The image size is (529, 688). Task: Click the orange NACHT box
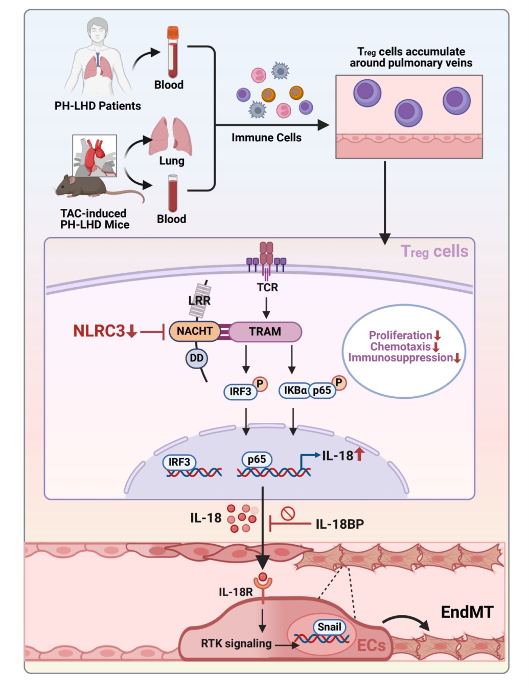(x=195, y=331)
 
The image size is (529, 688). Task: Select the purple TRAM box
(x=265, y=332)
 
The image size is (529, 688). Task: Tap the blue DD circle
(x=196, y=358)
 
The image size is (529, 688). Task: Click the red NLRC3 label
(x=99, y=331)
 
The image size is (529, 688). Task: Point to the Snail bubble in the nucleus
(x=329, y=627)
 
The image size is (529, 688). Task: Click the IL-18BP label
(x=340, y=524)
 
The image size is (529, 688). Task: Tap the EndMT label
(x=467, y=612)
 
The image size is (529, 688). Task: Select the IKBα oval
(x=294, y=391)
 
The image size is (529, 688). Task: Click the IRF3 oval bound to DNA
(x=179, y=462)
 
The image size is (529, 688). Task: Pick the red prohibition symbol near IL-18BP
(x=288, y=513)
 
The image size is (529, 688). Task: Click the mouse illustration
(x=97, y=187)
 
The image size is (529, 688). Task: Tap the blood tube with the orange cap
(x=173, y=52)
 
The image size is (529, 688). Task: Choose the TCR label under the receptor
(x=267, y=287)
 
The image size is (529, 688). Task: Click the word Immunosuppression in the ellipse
(x=400, y=358)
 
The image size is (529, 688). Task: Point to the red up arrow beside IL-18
(x=359, y=455)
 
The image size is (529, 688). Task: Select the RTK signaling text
(x=236, y=643)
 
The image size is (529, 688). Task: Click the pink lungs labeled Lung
(x=170, y=136)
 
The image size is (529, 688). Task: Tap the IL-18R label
(x=236, y=592)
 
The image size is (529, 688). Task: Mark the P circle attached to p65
(x=339, y=383)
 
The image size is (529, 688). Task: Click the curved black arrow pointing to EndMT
(x=406, y=617)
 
